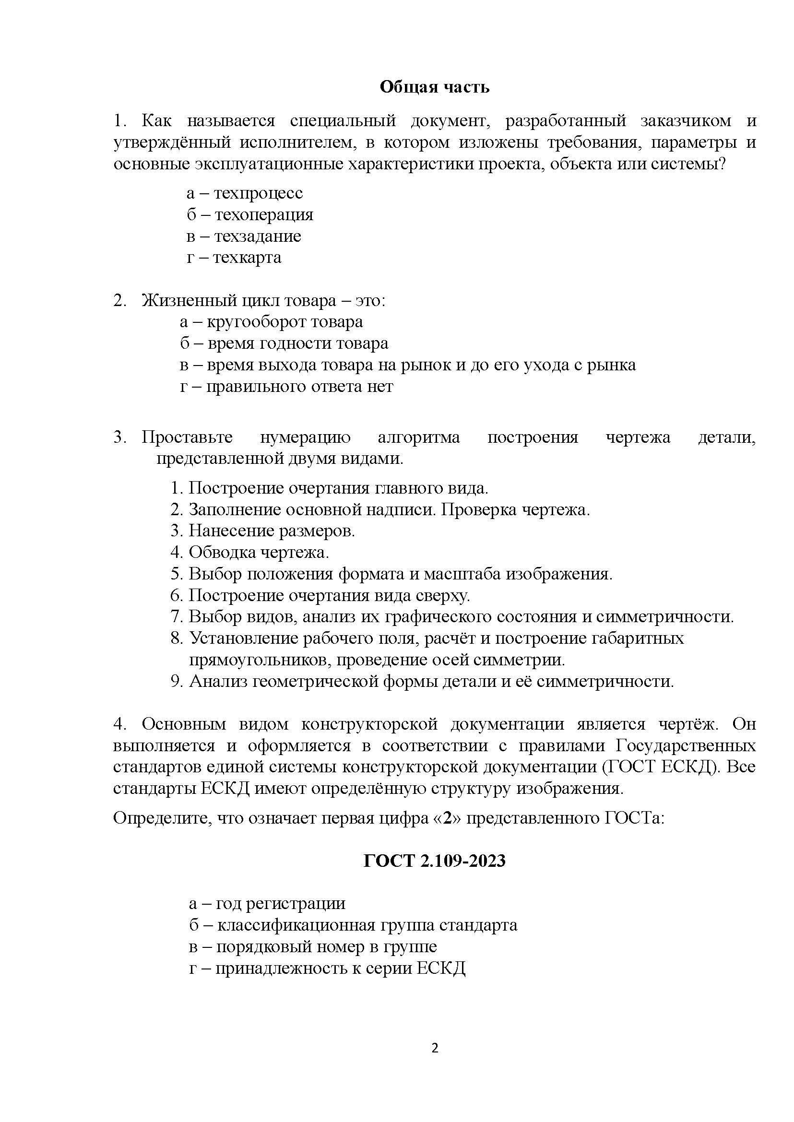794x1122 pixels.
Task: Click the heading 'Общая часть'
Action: click(x=434, y=87)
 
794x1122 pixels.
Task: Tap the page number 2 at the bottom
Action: click(x=435, y=1048)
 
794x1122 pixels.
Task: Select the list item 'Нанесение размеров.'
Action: click(x=272, y=531)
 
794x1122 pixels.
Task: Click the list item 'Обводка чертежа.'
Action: click(x=259, y=553)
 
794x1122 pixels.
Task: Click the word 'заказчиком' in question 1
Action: click(x=686, y=121)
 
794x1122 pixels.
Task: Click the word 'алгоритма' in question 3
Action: click(x=418, y=437)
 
